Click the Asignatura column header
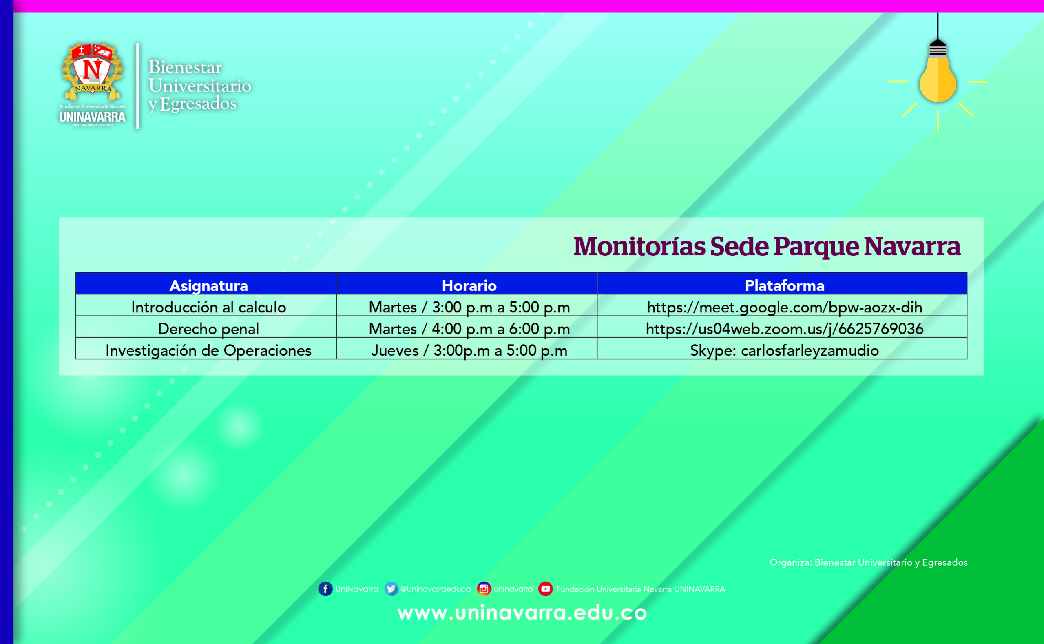[208, 285]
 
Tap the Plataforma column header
[784, 285]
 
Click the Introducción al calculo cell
[208, 307]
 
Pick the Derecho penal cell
[208, 329]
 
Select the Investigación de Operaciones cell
[208, 350]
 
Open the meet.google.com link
[784, 307]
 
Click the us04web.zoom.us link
[784, 329]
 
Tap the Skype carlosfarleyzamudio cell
[784, 350]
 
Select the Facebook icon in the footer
[325, 589]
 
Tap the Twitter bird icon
[391, 589]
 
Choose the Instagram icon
[484, 589]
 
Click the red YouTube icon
[545, 589]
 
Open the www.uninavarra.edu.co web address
[522, 613]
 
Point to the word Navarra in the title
[912, 247]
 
